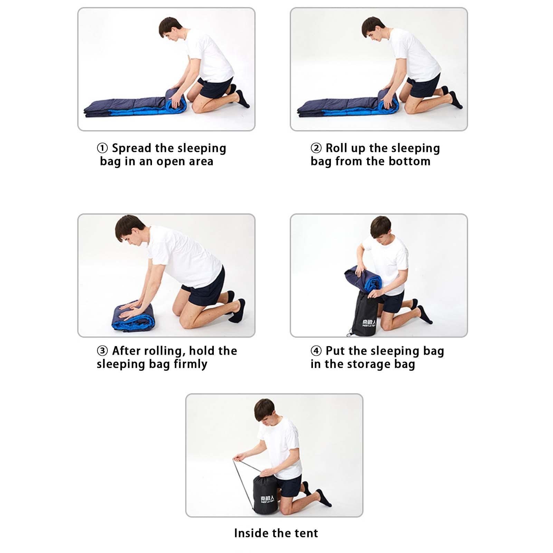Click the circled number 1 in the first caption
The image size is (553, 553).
(102, 149)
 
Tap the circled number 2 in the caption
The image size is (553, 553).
(316, 149)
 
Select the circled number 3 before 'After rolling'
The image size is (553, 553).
(102, 351)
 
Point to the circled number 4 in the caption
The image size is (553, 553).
(316, 351)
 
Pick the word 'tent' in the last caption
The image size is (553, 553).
(306, 533)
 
